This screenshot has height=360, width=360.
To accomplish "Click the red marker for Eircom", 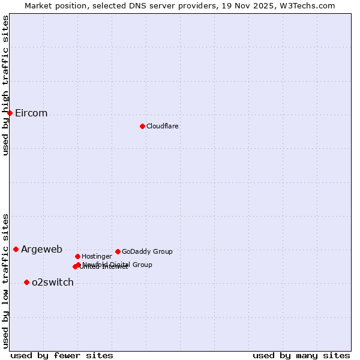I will click(10, 113).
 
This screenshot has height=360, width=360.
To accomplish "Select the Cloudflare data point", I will click(142, 126).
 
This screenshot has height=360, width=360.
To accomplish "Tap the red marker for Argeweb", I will click(16, 249).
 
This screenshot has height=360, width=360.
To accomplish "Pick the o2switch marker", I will click(26, 282).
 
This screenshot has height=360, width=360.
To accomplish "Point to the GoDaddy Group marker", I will click(118, 251).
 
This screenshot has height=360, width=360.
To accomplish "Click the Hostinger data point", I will click(77, 256).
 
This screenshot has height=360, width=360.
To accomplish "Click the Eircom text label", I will click(31, 113).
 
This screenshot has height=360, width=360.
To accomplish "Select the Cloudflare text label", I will click(162, 126).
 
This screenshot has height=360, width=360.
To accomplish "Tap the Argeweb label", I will click(41, 250).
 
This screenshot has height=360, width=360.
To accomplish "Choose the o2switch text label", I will click(53, 283).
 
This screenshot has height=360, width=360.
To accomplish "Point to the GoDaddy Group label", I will click(147, 251).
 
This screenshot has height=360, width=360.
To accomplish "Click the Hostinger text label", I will click(97, 256).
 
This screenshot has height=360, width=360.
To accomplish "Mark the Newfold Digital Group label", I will click(118, 264).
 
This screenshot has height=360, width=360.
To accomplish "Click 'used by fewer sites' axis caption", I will click(62, 355).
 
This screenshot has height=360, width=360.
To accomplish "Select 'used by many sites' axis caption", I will click(301, 355).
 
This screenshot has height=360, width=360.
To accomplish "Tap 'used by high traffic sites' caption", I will click(5, 85).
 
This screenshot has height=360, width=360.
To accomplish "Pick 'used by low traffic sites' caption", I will click(5, 280).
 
